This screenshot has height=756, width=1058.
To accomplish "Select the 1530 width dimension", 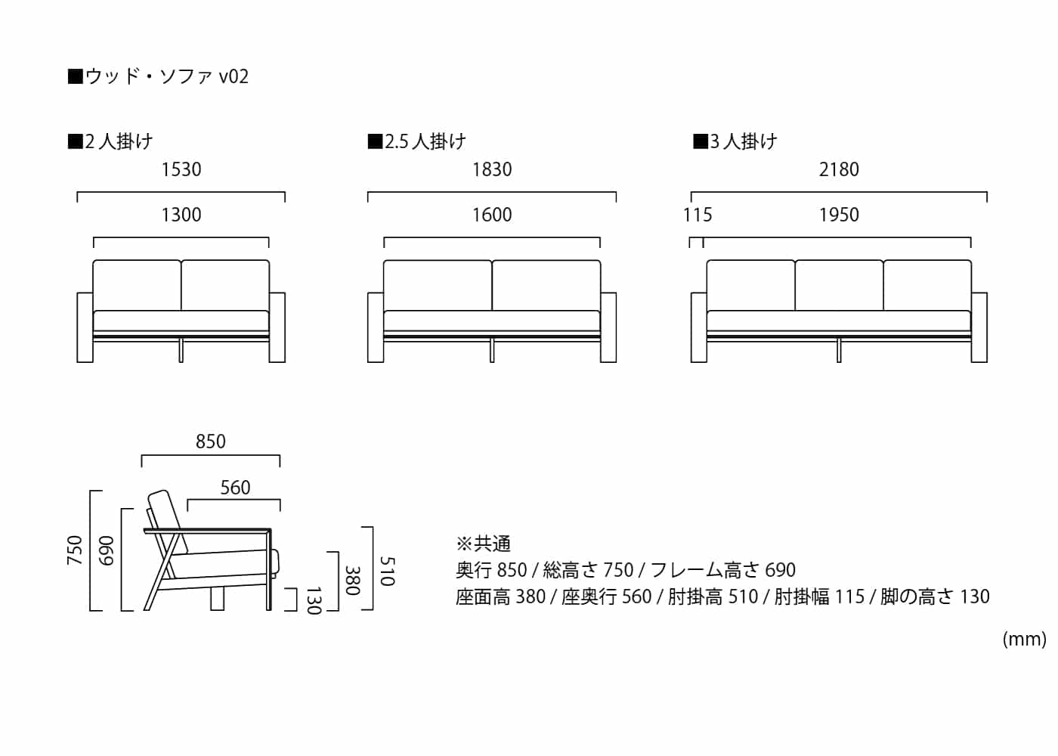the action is tap(181, 169).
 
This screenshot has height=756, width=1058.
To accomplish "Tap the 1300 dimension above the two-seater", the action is tap(181, 215).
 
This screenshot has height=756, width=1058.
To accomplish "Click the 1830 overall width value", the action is tap(492, 169).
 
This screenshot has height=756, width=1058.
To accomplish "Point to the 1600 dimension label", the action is tap(492, 215).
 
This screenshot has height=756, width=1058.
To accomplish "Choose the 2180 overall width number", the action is tap(839, 169).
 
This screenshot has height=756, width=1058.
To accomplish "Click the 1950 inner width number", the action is tap(839, 215).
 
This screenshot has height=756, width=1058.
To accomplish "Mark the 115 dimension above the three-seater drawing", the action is tap(698, 215).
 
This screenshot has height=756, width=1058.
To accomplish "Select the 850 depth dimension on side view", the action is tap(211, 442).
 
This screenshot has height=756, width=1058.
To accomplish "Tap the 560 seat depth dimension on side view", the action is tap(235, 487).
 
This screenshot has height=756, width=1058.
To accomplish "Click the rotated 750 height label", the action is tap(75, 550).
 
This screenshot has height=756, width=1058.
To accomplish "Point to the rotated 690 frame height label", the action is tap(107, 550).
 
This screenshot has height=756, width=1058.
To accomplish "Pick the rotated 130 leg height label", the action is tap(314, 600).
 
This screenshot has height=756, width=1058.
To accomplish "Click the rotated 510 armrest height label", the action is tap(387, 572).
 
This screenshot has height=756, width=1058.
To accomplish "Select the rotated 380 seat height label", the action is tap(352, 581).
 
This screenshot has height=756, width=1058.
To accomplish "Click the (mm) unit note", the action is tap(1024, 640).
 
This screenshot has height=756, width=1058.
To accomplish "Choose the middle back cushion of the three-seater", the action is tap(839, 285).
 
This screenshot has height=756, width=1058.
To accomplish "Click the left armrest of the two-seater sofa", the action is tap(85, 327).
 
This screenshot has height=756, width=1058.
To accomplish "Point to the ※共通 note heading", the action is tap(483, 544).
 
